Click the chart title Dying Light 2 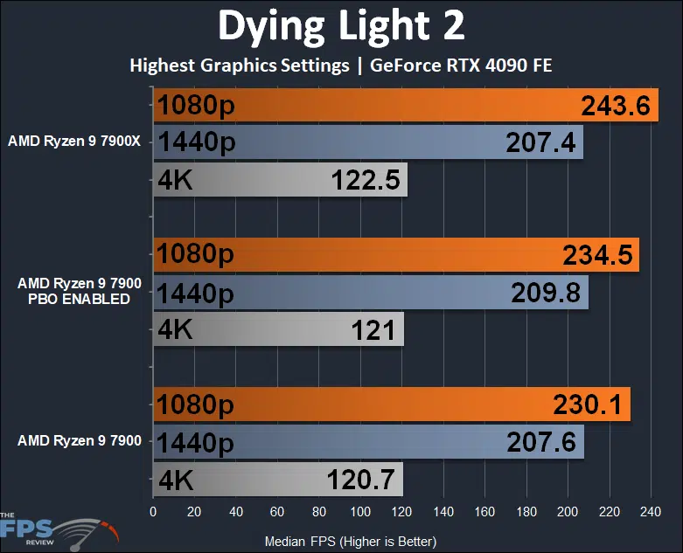pos(341,27)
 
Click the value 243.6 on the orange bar pos(616,107)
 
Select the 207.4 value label pos(540,142)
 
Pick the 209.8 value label pos(546,293)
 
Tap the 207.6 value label pos(541,442)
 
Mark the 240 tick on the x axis pos(650,511)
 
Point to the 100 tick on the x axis pos(359,511)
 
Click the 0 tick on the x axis pos(153,511)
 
